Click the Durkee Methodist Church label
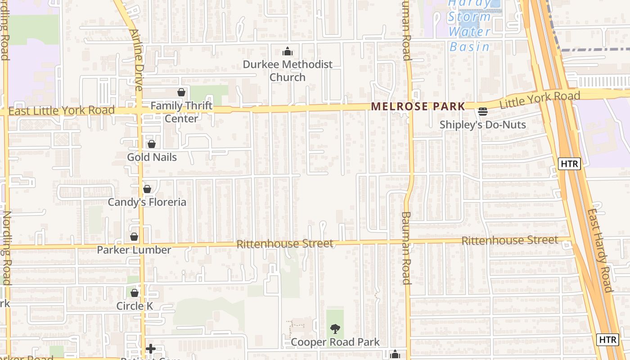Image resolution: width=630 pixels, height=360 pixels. coord(288,71)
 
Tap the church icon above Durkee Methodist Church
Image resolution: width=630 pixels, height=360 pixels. coord(288,52)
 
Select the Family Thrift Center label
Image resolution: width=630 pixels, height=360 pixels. coord(181,112)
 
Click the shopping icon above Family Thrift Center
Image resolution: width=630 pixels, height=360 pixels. coord(181,92)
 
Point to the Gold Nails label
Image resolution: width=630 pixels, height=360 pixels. coord(152,157)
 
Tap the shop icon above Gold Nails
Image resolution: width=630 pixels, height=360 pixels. coord(152,144)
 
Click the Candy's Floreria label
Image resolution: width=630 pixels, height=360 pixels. coord(147,202)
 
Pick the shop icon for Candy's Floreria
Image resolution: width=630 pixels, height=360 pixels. coord(147,189)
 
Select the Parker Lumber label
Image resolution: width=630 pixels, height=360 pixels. coord(134,250)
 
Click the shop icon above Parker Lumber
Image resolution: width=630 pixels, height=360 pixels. coord(134,237)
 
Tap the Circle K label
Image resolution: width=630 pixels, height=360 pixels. coord(135,306)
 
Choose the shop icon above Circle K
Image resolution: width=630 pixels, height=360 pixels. coord(135,293)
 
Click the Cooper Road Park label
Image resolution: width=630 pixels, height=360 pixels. coord(335,342)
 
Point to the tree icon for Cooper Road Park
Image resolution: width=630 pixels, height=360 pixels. coord(335,329)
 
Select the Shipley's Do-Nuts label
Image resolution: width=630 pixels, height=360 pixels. coord(482,125)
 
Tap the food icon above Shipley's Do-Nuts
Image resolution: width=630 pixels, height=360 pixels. coord(483,111)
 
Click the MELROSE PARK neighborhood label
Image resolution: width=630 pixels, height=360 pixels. coord(418,107)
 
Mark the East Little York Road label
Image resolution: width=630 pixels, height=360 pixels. coord(62,110)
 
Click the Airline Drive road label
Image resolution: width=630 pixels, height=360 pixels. coord(136,59)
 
